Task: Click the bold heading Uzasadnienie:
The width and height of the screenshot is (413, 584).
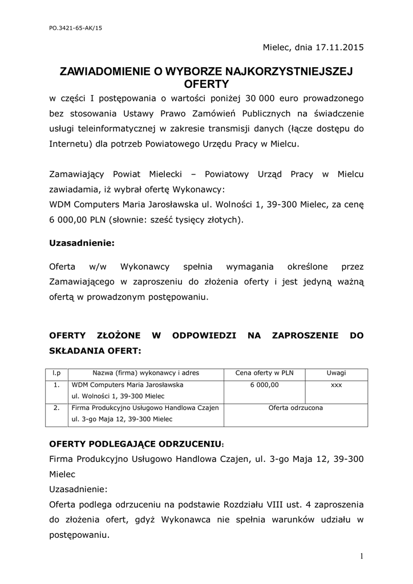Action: [x=82, y=242]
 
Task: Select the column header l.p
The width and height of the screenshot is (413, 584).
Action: [x=56, y=373]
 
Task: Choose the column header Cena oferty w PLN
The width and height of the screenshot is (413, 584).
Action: [x=264, y=373]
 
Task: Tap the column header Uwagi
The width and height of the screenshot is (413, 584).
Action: [x=336, y=373]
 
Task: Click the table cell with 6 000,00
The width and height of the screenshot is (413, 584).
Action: [x=264, y=385]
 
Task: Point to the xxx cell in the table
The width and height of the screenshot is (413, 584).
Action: [x=336, y=385]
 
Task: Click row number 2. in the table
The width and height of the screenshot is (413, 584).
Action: [x=56, y=408]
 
